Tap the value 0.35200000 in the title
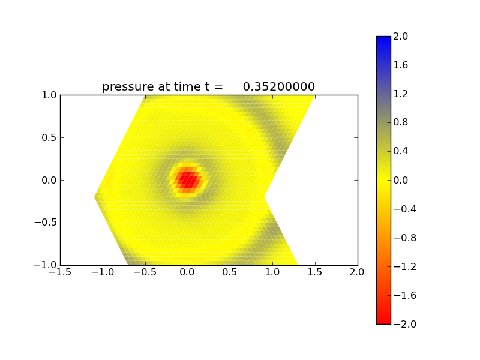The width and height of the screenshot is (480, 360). point(279,87)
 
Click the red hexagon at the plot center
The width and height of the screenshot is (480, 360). point(188,179)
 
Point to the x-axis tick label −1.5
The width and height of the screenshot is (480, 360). point(60,272)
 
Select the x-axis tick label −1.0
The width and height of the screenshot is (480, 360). point(103,272)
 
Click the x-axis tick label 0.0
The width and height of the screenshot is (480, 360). point(188,272)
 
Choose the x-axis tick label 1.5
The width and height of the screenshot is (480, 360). point(315,272)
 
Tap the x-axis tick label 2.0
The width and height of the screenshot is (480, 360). point(358,272)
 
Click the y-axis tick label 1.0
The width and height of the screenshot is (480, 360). point(49,95)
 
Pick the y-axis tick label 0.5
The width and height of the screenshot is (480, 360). point(49,137)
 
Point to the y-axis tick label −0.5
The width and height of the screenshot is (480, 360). point(46,223)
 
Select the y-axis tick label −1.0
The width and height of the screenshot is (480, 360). point(46,265)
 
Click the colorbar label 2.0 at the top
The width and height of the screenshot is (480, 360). point(401,36)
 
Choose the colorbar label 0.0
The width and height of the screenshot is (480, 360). point(401,180)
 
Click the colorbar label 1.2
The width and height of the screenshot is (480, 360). point(401,94)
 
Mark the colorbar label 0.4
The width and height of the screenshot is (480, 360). point(401,151)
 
